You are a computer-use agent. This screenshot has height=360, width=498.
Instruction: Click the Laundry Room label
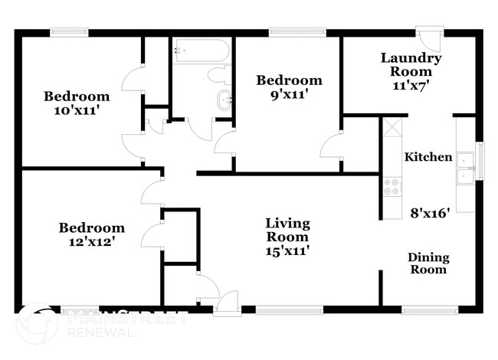click(411, 65)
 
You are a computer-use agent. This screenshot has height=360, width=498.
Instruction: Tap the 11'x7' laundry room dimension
click(411, 86)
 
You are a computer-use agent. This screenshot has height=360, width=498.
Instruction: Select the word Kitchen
click(428, 157)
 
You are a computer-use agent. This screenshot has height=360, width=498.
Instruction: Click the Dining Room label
click(428, 263)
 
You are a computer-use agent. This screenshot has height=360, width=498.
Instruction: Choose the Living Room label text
click(287, 230)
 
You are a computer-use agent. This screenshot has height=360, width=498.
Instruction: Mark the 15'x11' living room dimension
click(287, 250)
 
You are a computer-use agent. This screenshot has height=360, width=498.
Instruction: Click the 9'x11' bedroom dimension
click(289, 94)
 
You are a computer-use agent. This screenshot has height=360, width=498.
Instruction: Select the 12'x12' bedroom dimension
click(92, 242)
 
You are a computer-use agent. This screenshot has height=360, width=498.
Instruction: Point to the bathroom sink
click(224, 100)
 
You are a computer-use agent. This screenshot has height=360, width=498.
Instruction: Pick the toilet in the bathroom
click(223, 75)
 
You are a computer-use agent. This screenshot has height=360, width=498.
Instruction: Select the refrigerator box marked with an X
click(392, 127)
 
